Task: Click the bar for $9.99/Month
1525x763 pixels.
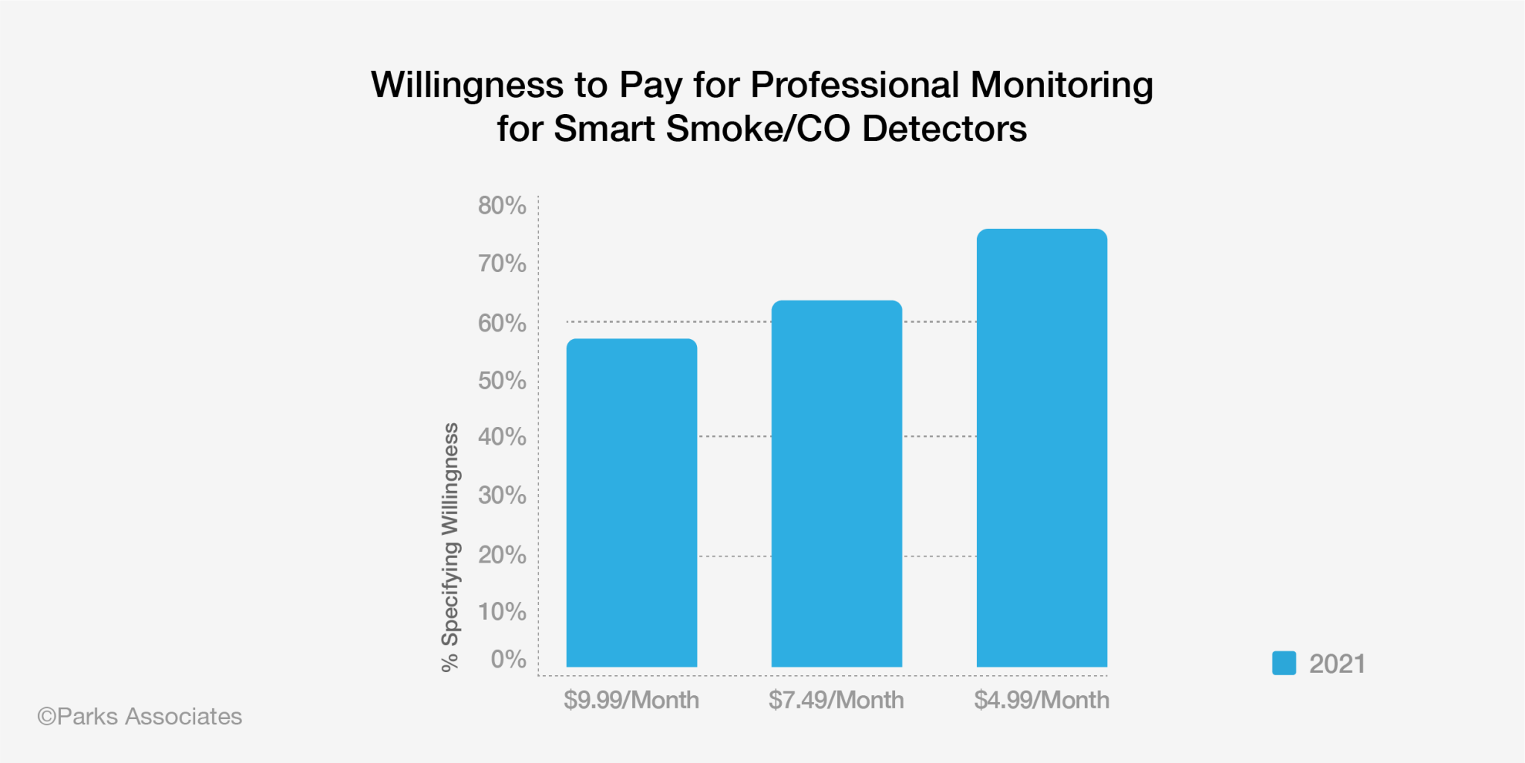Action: click(x=631, y=503)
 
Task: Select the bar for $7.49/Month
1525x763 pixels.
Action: click(x=836, y=484)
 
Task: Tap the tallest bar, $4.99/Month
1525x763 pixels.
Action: click(x=1042, y=448)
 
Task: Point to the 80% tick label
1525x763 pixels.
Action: click(x=502, y=206)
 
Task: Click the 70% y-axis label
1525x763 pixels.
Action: click(x=502, y=264)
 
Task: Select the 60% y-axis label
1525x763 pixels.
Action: click(x=502, y=323)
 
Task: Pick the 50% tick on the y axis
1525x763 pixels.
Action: click(x=502, y=381)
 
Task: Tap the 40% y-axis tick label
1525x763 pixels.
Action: click(x=502, y=437)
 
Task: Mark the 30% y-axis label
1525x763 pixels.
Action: click(x=502, y=496)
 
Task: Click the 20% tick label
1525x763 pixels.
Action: click(x=502, y=555)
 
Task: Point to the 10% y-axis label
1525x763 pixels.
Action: click(x=502, y=612)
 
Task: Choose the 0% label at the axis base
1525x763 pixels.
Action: click(x=508, y=659)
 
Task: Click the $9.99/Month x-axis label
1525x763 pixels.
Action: click(x=631, y=700)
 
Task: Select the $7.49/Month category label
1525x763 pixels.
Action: click(x=836, y=700)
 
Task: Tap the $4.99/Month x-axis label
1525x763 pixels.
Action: click(x=1042, y=700)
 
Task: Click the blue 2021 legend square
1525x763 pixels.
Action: click(x=1284, y=663)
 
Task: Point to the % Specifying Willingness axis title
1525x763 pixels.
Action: click(x=451, y=547)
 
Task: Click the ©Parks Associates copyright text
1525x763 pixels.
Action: click(x=140, y=717)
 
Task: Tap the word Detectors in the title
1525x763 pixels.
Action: click(x=944, y=129)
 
